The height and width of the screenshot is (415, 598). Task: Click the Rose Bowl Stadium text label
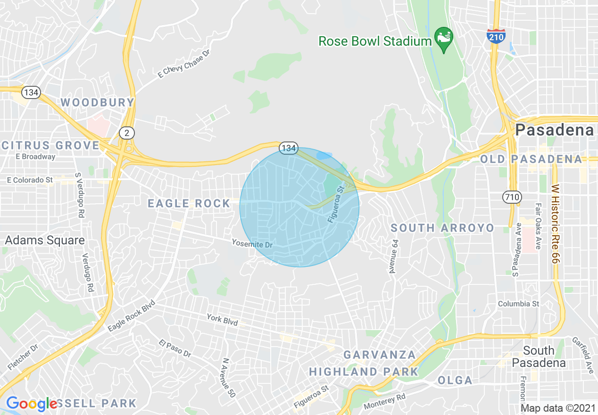(x=375, y=41)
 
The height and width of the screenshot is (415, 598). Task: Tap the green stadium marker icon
(x=444, y=36)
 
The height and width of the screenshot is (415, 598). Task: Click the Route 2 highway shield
(x=126, y=133)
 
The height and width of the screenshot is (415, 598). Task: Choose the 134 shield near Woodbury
(x=31, y=92)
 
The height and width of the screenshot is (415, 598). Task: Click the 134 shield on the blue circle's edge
(x=288, y=149)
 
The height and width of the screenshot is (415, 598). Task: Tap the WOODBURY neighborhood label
(x=98, y=102)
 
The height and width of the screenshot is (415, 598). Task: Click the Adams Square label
(x=45, y=241)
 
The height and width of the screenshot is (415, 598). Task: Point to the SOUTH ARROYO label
(x=442, y=228)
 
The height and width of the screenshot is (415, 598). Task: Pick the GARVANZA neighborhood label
(x=380, y=355)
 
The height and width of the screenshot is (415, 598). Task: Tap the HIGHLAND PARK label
(x=364, y=372)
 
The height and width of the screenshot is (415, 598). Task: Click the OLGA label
(x=455, y=380)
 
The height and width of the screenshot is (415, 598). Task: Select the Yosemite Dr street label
(x=252, y=244)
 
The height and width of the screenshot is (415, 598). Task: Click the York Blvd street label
(x=222, y=319)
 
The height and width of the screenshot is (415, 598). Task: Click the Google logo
(x=32, y=404)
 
